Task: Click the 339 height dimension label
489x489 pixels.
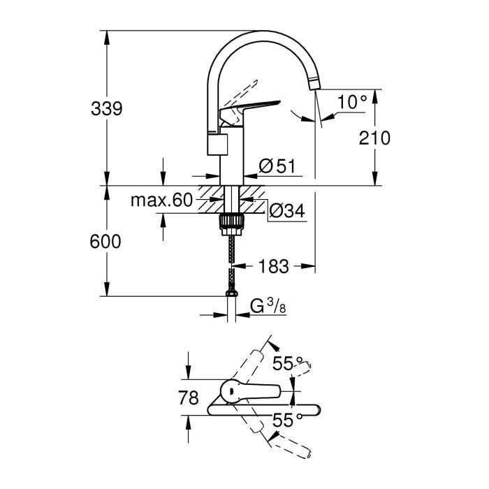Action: pyautogui.click(x=107, y=109)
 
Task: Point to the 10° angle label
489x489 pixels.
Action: pyautogui.click(x=351, y=102)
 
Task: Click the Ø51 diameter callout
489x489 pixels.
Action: pyautogui.click(x=277, y=166)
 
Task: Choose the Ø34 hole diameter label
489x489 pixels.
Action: pyautogui.click(x=285, y=210)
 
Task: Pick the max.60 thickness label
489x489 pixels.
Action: pyautogui.click(x=161, y=201)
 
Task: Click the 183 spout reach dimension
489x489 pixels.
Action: pyautogui.click(x=274, y=266)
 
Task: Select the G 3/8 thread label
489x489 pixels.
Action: pyautogui.click(x=266, y=306)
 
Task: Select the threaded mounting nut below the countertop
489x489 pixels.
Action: pyautogui.click(x=231, y=222)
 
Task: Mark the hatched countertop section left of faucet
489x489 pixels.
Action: pyautogui.click(x=209, y=198)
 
